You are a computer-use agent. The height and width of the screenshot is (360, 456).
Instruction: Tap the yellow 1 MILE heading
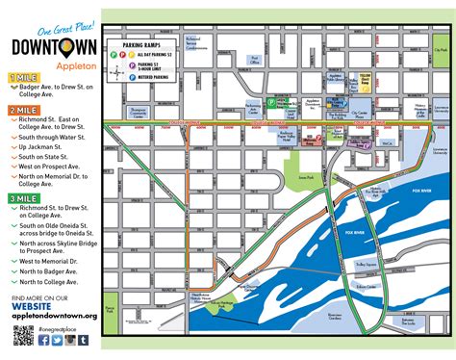pyautogui.click(x=25, y=75)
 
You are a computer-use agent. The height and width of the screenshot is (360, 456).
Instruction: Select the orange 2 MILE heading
pyautogui.click(x=25, y=111)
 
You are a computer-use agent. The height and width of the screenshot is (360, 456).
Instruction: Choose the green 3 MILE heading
pyautogui.click(x=25, y=197)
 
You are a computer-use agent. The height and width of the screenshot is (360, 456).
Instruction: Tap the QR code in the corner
pyautogui.click(x=24, y=336)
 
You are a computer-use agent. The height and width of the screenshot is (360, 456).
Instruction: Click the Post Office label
pyautogui.click(x=255, y=59)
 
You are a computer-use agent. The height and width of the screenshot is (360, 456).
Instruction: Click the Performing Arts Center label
pyautogui.click(x=253, y=106)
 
